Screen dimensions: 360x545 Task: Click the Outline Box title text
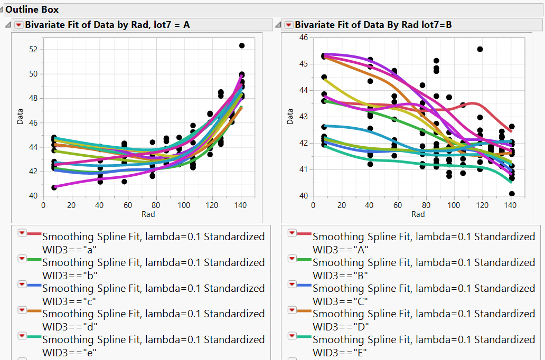pos(32,10)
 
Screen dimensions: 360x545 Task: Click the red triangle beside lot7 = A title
pos(18,25)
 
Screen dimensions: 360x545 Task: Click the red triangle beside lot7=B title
pos(288,25)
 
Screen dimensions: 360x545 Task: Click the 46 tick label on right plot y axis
pos(303,37)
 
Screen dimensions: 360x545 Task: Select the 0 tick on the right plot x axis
pos(313,205)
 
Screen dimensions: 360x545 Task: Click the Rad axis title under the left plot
pos(148,214)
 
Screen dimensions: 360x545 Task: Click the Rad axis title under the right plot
pos(418,214)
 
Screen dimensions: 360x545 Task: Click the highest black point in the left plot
pos(242,46)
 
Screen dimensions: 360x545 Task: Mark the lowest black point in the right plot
pos(512,194)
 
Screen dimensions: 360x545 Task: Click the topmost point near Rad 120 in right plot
pos(480,49)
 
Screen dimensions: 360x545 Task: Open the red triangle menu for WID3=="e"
pos(22,336)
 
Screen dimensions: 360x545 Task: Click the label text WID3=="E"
pos(340,353)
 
